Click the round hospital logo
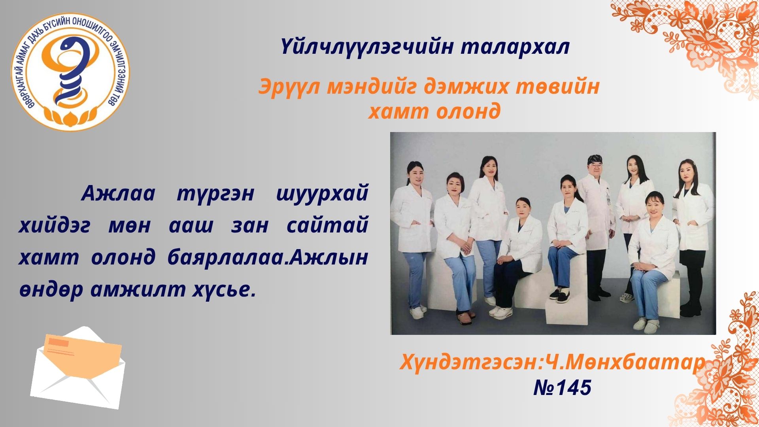pos(70,72)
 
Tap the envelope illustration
pos(78,367)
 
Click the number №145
pos(562,387)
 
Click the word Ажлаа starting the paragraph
pos(118,194)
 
